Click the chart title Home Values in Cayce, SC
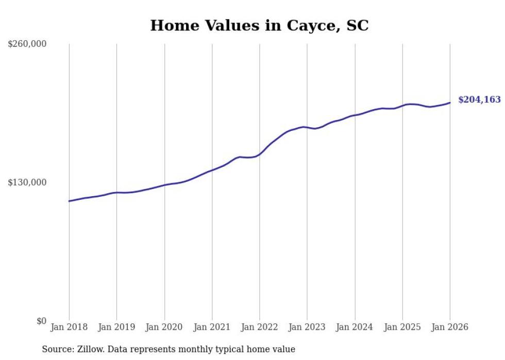[x=259, y=25]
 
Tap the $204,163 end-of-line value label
[x=479, y=100]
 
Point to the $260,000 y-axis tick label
[x=27, y=44]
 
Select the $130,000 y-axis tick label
[x=27, y=182]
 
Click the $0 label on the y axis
[x=41, y=321]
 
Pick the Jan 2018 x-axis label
[x=69, y=327]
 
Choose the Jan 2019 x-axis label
[x=116, y=327]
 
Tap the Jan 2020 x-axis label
[x=164, y=327]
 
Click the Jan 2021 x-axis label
[x=212, y=327]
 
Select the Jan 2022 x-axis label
[x=260, y=327]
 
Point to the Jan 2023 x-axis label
[x=307, y=327]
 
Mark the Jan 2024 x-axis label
[x=355, y=327]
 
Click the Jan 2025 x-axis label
[x=402, y=327]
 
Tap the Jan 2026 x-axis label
[x=450, y=327]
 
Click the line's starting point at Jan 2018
[x=69, y=201]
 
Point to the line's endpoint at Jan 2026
[x=450, y=102]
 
